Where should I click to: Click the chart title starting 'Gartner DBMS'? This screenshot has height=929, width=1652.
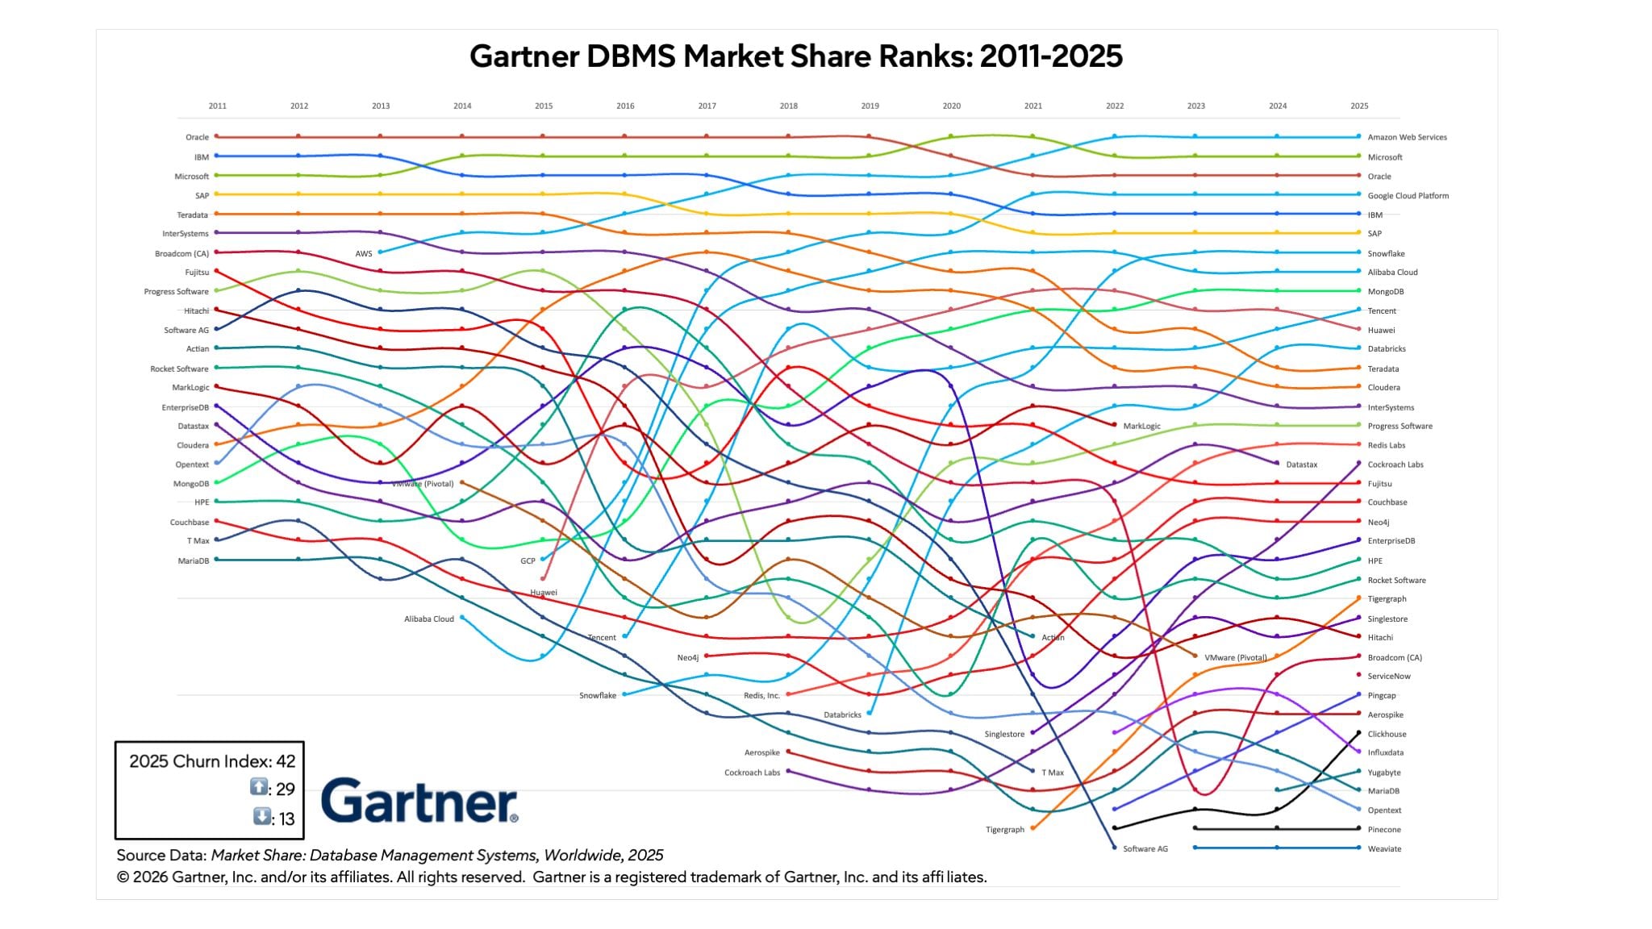coord(795,56)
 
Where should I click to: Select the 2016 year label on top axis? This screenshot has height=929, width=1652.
coord(625,106)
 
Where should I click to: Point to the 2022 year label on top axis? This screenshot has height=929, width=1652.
coord(1115,106)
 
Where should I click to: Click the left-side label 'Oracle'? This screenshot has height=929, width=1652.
coord(197,137)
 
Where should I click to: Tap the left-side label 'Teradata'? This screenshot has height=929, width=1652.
coord(193,215)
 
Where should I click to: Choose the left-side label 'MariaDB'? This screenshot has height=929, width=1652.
coord(194,560)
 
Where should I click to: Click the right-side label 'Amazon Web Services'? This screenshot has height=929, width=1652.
coord(1407,137)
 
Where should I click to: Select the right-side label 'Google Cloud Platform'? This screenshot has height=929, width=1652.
coord(1408,195)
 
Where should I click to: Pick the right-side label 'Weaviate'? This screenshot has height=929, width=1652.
coord(1384,848)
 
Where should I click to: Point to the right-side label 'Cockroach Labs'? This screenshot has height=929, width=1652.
coord(1395,464)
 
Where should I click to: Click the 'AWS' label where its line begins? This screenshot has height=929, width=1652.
coord(364,253)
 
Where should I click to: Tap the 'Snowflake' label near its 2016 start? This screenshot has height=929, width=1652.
coord(597,695)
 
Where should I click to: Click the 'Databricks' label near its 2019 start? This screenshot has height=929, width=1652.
coord(842,714)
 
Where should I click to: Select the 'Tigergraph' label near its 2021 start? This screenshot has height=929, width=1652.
coord(1004,829)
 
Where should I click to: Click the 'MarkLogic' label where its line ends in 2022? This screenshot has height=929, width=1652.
coord(1141,426)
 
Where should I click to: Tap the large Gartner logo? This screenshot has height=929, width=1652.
coord(419,800)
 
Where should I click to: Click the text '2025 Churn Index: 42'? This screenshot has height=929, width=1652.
coord(212,761)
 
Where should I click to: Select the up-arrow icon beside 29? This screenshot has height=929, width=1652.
coord(258,787)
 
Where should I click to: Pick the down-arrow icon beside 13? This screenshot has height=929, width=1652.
coord(261,816)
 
